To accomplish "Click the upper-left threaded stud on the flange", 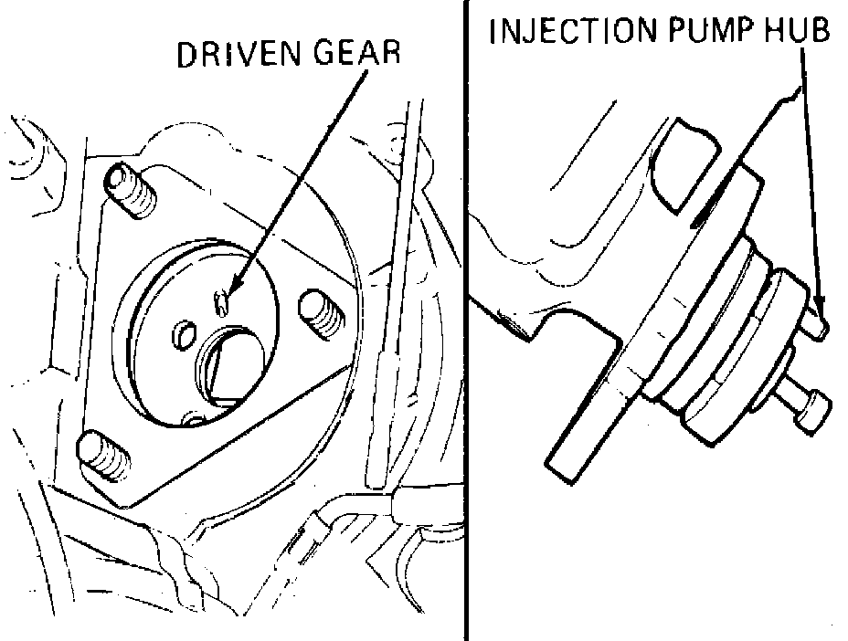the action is (x=131, y=192).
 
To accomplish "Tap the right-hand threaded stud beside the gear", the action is (x=320, y=313).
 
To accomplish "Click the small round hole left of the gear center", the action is (x=184, y=333).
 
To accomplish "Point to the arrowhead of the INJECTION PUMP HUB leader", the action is (x=821, y=313).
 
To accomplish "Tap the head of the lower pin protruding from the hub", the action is (x=813, y=411).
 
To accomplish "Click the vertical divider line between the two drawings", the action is (x=464, y=320).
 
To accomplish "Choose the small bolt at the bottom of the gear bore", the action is (x=193, y=418).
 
